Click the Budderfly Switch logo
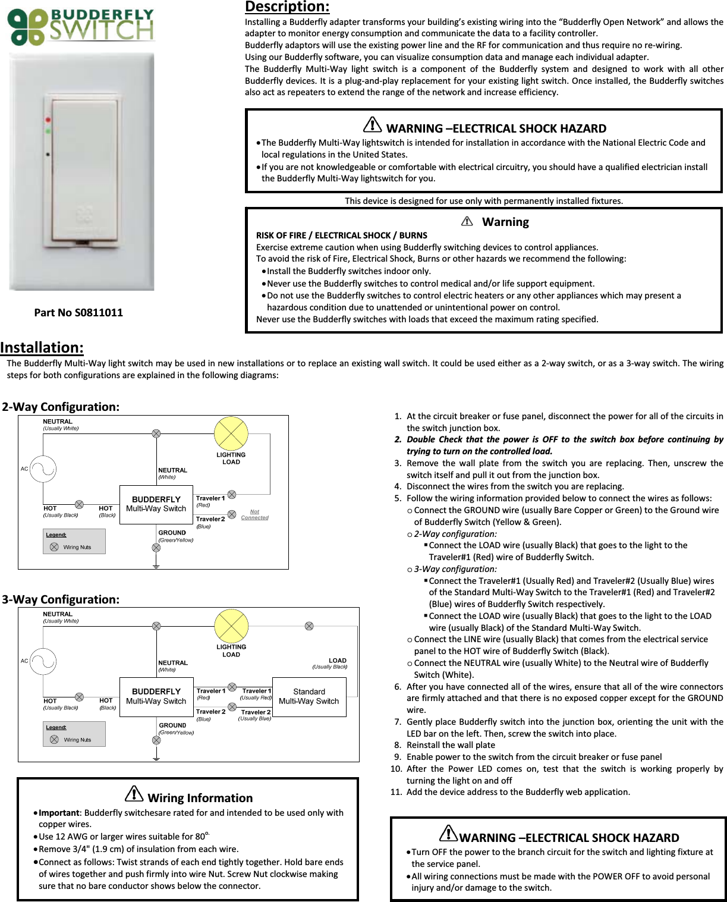[80, 27]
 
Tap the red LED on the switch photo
[47, 120]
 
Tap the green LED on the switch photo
[47, 130]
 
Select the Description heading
[287, 7]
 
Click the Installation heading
[42, 347]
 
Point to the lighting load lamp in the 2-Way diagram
[231, 433]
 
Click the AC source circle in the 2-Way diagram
[43, 469]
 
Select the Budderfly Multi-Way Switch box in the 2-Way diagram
[156, 504]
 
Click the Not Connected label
[254, 514]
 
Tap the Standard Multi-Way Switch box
[309, 696]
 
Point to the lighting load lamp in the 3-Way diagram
[231, 626]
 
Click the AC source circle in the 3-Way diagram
[43, 661]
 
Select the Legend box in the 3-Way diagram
[74, 734]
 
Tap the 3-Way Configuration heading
[61, 599]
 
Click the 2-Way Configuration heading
[61, 407]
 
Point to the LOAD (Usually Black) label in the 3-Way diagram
[331, 664]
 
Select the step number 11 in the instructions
[396, 792]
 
